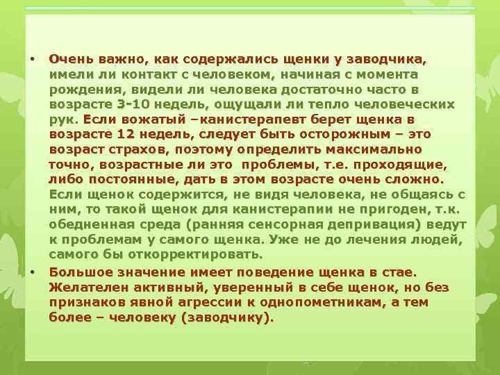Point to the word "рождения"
80,90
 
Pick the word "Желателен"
86,287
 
